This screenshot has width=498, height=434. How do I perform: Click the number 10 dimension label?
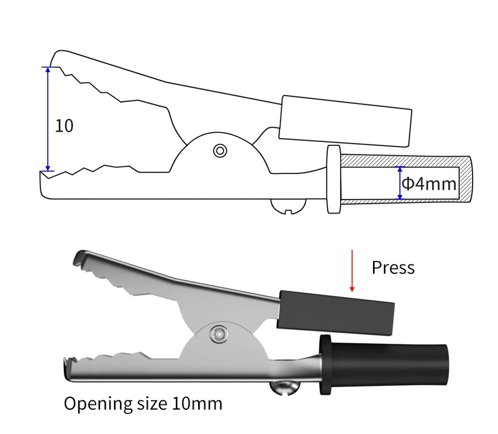(64, 125)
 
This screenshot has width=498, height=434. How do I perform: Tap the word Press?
(393, 268)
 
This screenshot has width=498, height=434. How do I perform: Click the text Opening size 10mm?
(143, 403)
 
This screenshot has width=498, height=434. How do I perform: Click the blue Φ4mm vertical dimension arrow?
(399, 183)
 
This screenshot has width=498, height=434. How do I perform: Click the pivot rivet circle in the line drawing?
(220, 151)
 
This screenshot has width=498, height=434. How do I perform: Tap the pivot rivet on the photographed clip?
(218, 334)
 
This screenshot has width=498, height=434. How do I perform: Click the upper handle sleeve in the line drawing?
(345, 120)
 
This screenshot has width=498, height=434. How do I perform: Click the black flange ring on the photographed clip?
(326, 365)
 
